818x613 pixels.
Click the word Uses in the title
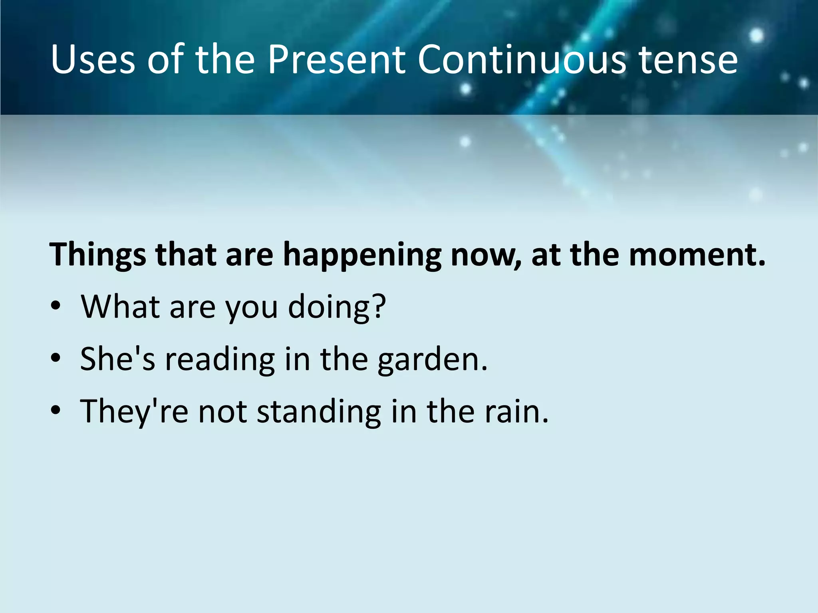pyautogui.click(x=93, y=59)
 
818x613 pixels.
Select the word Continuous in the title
pyautogui.click(x=521, y=59)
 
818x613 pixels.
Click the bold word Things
pyautogui.click(x=97, y=255)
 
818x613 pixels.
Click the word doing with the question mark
pyautogui.click(x=337, y=307)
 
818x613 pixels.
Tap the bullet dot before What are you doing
pyautogui.click(x=56, y=306)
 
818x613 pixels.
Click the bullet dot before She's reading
pyautogui.click(x=56, y=358)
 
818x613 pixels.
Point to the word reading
pyautogui.click(x=220, y=359)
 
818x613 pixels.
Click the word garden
pyautogui.click(x=432, y=359)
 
